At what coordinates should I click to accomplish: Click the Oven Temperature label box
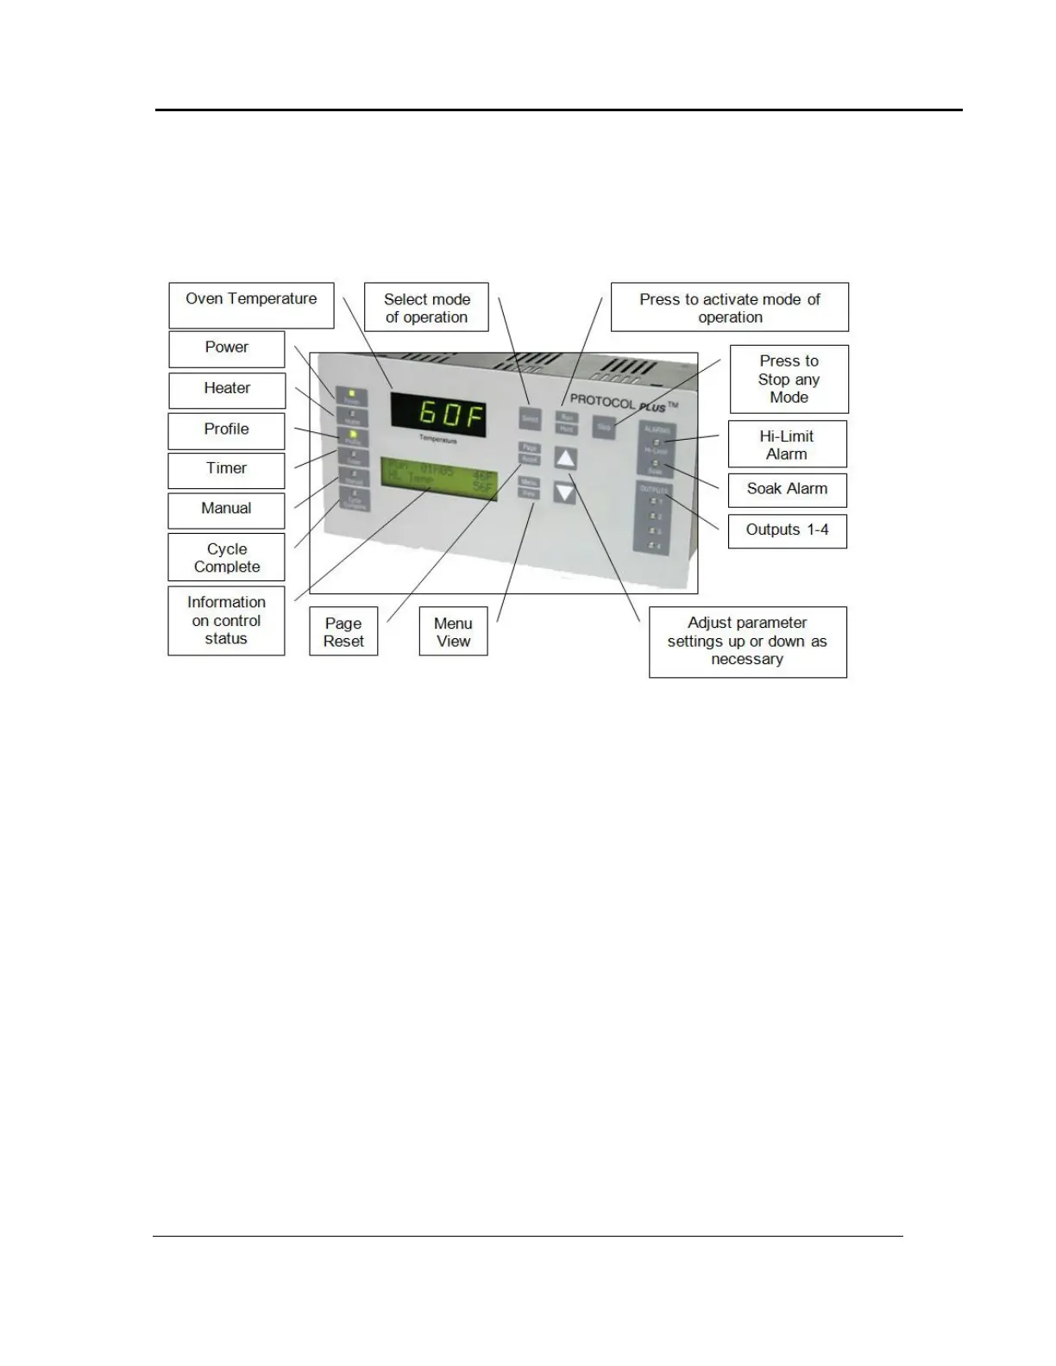[x=251, y=305]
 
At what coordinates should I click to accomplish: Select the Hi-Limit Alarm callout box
[x=787, y=444]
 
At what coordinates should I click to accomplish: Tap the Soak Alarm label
[x=787, y=489]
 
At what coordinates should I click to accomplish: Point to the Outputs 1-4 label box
[x=787, y=530]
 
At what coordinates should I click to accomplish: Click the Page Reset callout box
[x=343, y=631]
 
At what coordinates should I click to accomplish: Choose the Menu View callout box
[x=453, y=631]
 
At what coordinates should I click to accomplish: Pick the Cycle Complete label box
[x=226, y=557]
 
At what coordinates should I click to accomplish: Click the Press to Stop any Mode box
[x=789, y=379]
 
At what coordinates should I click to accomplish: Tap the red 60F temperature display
[x=439, y=415]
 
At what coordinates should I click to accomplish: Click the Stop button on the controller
[x=604, y=426]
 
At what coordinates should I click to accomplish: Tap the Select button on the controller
[x=530, y=418]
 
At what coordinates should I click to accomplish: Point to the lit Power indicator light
[x=352, y=394]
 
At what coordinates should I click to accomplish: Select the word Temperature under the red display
[x=438, y=440]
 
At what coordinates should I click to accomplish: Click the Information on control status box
[x=226, y=620]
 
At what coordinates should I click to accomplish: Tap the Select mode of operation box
[x=426, y=307]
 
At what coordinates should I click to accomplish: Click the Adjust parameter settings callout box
[x=747, y=641]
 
